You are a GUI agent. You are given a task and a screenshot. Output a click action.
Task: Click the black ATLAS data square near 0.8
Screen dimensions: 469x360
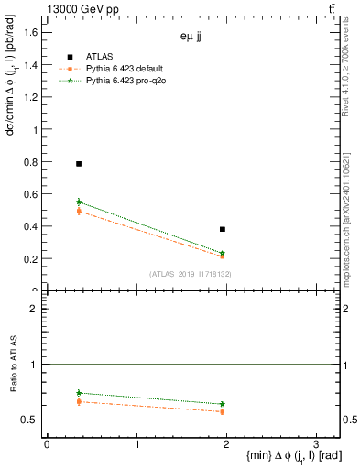(79, 164)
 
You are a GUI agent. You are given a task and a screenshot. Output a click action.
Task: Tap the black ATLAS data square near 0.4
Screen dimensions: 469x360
(223, 229)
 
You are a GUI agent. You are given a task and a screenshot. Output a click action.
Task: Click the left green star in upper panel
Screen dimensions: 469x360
(79, 202)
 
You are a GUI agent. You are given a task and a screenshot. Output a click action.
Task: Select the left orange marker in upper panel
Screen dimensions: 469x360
(79, 212)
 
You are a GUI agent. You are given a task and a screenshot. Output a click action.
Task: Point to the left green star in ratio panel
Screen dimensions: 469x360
(79, 393)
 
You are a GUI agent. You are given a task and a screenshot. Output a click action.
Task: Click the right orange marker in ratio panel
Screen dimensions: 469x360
(223, 411)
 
